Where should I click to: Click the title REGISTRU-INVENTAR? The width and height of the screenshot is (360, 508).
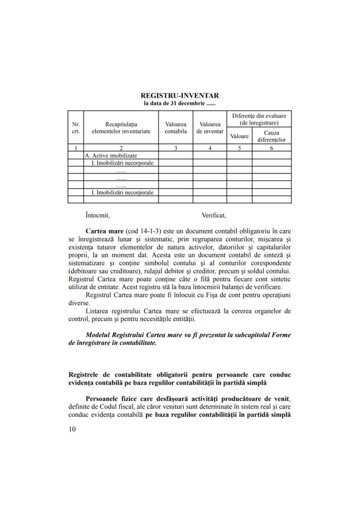(180, 96)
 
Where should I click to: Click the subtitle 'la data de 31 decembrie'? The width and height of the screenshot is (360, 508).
(180, 103)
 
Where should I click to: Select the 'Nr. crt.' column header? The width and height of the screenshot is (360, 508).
(75, 128)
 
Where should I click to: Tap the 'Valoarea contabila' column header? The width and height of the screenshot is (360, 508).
(176, 128)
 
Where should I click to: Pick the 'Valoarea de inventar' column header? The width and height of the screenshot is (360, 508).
(210, 128)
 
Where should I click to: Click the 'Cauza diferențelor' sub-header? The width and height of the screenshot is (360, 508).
(271, 136)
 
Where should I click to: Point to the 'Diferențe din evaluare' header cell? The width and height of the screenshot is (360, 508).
(259, 119)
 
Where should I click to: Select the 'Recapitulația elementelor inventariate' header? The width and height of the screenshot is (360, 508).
(121, 128)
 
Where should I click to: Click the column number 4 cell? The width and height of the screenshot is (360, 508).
(210, 148)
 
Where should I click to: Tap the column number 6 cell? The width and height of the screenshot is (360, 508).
(271, 148)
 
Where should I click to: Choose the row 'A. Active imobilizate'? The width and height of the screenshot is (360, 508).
(111, 155)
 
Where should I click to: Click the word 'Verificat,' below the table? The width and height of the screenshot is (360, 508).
(214, 215)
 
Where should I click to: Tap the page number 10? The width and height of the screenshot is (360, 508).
(72, 429)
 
